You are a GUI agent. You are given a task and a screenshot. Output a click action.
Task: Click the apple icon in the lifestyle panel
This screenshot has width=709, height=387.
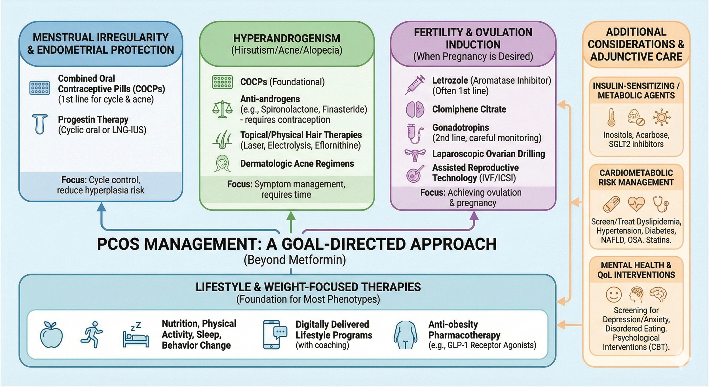click(51, 335)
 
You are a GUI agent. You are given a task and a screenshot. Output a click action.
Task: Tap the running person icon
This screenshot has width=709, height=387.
click(91, 335)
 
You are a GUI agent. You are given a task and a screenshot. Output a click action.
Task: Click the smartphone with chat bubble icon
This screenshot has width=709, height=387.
click(274, 335)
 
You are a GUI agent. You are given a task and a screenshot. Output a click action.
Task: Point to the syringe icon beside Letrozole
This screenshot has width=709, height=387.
click(415, 85)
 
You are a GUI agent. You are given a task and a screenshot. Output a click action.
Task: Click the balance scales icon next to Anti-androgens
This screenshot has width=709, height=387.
click(222, 109)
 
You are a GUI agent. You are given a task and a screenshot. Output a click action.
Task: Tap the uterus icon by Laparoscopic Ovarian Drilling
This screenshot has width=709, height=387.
click(415, 155)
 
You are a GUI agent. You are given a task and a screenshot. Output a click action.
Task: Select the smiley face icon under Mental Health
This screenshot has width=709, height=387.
click(614, 295)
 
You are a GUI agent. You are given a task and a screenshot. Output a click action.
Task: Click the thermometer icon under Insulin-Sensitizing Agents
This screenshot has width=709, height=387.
click(611, 117)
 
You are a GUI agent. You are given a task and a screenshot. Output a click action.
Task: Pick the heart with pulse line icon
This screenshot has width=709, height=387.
click(636, 204)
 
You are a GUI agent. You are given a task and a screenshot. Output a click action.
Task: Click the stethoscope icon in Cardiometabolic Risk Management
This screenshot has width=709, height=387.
click(661, 204)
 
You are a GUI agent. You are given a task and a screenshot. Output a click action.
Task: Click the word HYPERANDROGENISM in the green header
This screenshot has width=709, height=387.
click(286, 39)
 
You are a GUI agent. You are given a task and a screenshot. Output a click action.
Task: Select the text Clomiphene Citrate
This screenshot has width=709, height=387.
click(469, 109)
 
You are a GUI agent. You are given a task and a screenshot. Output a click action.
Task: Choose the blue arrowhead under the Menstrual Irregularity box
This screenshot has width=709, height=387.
click(101, 207)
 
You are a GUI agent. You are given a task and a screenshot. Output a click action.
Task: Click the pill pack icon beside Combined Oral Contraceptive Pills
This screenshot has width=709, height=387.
click(40, 88)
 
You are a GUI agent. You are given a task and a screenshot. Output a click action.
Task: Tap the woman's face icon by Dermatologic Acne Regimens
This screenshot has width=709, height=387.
click(222, 164)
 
